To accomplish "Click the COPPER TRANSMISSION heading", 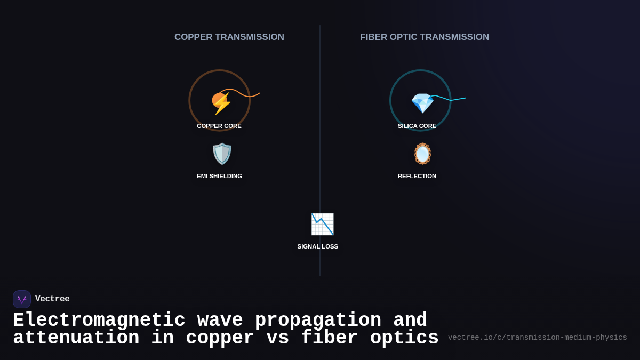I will (229, 37).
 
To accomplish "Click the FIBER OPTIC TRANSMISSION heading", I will (425, 37).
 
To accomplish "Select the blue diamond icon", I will (422, 102).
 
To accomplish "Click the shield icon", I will (222, 154).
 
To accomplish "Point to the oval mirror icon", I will (422, 154).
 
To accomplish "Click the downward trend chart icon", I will (322, 224).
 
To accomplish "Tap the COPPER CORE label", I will (219, 126).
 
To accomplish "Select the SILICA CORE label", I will (417, 126).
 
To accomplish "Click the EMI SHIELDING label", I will (219, 176).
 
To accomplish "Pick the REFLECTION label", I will (417, 176).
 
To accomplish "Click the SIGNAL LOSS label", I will (318, 246).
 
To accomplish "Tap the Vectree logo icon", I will (22, 299).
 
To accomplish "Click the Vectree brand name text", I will (52, 299).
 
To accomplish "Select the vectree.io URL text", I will (537, 338).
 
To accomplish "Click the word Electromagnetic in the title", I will (99, 321).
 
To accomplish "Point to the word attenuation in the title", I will (76, 338).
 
